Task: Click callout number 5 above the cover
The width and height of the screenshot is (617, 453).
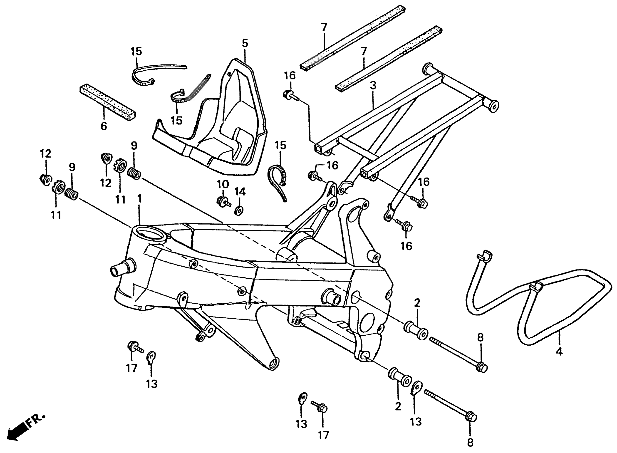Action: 245,43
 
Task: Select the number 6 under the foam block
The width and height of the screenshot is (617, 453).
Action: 103,126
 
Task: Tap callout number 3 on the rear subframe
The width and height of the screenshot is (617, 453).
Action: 373,86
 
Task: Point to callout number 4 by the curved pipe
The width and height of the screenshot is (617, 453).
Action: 559,351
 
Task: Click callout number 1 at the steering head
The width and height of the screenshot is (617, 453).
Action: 140,199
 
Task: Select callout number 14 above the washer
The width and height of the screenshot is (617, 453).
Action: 240,192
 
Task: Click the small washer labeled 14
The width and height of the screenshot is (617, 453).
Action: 239,211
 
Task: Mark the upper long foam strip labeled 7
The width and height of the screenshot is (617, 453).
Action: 352,38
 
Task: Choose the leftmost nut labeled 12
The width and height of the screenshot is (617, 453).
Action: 45,179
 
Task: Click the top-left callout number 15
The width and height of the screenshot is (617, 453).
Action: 136,52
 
